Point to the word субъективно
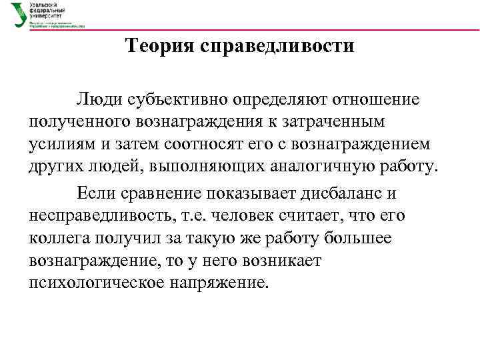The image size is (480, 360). [174, 100]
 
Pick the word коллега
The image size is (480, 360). [57, 238]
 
